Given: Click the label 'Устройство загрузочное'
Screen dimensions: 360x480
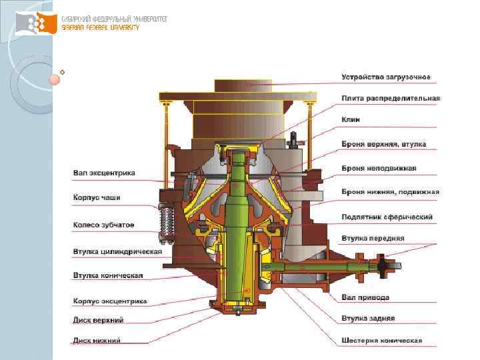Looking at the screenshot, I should click(386, 77).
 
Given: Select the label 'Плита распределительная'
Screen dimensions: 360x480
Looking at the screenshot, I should click(391, 99).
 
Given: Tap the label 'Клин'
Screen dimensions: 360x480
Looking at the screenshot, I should click(351, 119).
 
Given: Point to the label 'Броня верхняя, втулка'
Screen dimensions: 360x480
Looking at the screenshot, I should click(383, 144).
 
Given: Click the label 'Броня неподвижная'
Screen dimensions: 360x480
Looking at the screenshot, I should click(379, 167).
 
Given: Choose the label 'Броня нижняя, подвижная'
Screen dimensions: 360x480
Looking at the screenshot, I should click(390, 192).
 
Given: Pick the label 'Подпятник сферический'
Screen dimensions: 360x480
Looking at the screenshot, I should click(387, 217).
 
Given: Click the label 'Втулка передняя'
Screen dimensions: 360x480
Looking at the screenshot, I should click(373, 238).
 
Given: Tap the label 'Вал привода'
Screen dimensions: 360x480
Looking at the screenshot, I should click(365, 297).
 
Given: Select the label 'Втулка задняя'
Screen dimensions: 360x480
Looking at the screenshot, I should click(368, 318).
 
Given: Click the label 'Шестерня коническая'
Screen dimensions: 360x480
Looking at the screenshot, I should click(382, 340).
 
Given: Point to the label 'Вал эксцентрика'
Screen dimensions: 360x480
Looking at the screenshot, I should click(104, 173).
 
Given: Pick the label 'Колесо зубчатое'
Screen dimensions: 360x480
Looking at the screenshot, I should click(103, 225).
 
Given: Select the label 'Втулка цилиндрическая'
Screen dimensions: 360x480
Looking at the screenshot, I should click(117, 251).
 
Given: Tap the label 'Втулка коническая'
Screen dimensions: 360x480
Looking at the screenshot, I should click(108, 275).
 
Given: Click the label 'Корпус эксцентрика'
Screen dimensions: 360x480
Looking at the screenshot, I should click(110, 301).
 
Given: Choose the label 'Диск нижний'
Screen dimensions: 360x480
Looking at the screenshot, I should click(97, 341).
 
